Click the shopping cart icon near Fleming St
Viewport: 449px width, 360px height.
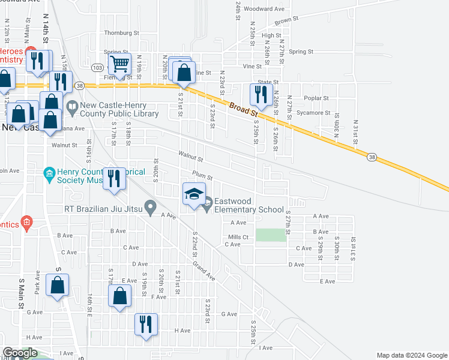(x=119, y=63)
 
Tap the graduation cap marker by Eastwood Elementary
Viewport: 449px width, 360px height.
(x=194, y=194)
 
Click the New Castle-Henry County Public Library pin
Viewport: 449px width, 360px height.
(x=73, y=109)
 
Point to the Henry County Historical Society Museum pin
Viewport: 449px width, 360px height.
(x=49, y=175)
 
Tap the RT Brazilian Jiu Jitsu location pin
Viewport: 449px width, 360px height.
(x=151, y=209)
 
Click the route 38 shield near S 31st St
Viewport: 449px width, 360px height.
(x=373, y=157)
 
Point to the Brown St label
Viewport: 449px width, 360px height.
(x=286, y=21)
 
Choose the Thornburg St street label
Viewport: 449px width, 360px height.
(x=121, y=33)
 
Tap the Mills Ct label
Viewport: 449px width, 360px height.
(x=238, y=237)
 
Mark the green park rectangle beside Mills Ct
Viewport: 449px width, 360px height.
(x=271, y=235)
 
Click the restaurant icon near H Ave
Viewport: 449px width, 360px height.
(x=146, y=325)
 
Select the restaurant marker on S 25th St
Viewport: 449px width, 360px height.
(x=260, y=95)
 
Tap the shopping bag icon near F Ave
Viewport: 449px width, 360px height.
(x=119, y=296)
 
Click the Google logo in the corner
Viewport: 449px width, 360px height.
(x=20, y=353)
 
